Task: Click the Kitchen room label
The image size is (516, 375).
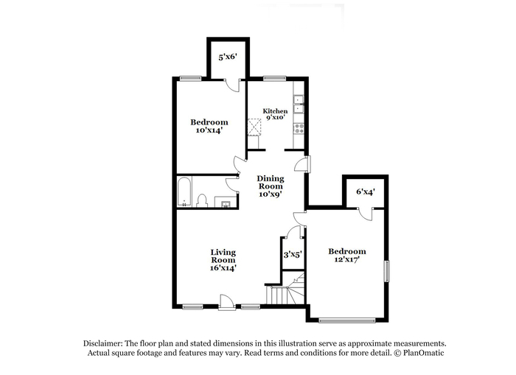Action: (275, 111)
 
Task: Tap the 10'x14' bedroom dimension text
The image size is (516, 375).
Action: (209, 130)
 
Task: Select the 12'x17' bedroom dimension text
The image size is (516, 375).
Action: (347, 259)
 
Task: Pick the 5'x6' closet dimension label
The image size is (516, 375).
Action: (228, 57)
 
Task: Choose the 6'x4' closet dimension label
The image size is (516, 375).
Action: (366, 192)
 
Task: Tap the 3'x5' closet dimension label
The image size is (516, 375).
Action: (293, 254)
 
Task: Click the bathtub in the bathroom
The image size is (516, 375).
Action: (184, 192)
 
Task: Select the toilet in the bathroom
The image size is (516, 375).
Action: (202, 200)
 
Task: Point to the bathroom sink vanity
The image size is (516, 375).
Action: (226, 202)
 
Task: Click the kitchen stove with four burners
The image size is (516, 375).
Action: (299, 128)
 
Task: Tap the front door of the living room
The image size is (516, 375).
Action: (227, 302)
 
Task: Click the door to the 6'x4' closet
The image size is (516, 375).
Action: (366, 214)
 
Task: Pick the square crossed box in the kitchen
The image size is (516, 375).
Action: (254, 127)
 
